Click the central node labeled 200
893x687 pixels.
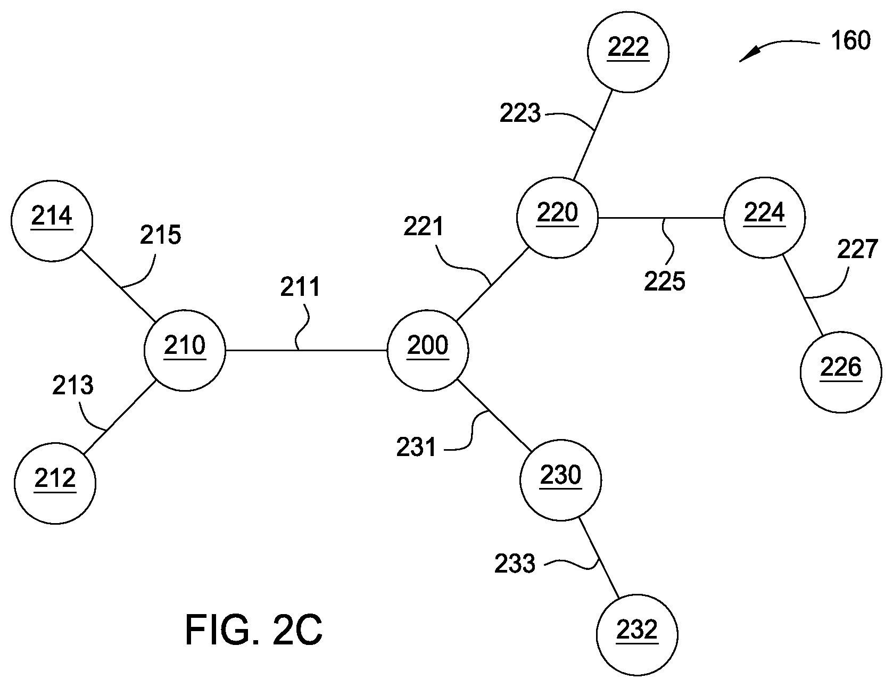pyautogui.click(x=428, y=351)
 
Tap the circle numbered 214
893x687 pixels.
pyautogui.click(x=52, y=220)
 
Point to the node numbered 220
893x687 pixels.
pyautogui.click(x=557, y=218)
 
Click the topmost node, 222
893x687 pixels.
pyautogui.click(x=629, y=52)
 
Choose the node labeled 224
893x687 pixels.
pyautogui.click(x=764, y=218)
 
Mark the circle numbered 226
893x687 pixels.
pyautogui.click(x=841, y=372)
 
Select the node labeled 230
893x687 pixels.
pyautogui.click(x=560, y=479)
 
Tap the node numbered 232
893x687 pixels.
pyautogui.click(x=637, y=634)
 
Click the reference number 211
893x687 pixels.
pyautogui.click(x=301, y=287)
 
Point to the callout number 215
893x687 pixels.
pyautogui.click(x=161, y=235)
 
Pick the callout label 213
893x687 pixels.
pyautogui.click(x=73, y=385)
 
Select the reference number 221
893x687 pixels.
pyautogui.click(x=424, y=227)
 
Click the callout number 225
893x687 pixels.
pyautogui.click(x=665, y=281)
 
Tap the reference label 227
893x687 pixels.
pyautogui.click(x=857, y=249)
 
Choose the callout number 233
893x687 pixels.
pyautogui.click(x=515, y=564)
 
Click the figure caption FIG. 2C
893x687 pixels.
pyautogui.click(x=253, y=630)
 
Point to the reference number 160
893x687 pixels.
pyautogui.click(x=850, y=41)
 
